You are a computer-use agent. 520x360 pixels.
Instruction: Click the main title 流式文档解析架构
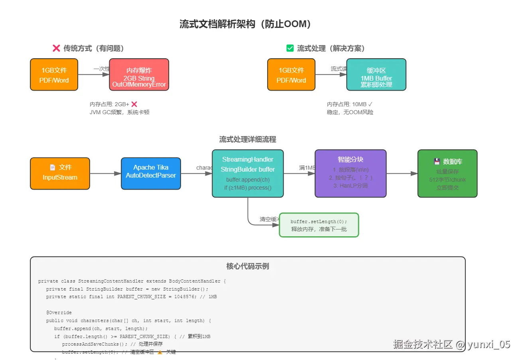coord(245,24)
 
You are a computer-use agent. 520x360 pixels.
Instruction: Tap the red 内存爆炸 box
coord(139,75)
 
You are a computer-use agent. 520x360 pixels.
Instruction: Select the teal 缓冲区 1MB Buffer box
coord(376,75)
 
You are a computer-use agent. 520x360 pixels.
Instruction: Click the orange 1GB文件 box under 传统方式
coord(54,75)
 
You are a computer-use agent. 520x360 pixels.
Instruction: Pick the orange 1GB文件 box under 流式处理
coord(291,75)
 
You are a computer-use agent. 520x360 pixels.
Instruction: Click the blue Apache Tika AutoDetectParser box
coord(151,173)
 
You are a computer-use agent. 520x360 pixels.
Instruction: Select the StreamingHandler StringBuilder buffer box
coord(248,173)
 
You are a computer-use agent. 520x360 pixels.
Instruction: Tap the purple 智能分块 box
coord(351,173)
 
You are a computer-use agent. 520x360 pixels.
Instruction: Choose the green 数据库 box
coord(447,173)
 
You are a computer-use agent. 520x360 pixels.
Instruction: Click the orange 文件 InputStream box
coord(60,173)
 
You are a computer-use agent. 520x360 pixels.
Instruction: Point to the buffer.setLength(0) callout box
coord(319,225)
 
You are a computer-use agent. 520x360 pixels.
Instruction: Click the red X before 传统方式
coord(56,48)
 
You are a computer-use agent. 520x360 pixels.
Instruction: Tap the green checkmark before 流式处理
coord(290,48)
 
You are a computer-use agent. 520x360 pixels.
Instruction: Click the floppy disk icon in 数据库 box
coord(437,162)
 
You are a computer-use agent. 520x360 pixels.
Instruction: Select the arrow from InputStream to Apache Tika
coord(105,173)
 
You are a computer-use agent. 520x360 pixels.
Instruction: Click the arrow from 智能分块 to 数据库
coord(402,173)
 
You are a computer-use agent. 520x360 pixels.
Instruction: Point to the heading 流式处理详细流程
coord(247,139)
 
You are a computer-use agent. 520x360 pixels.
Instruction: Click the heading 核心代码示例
coord(248,266)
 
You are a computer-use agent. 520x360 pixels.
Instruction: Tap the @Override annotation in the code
coord(59,313)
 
